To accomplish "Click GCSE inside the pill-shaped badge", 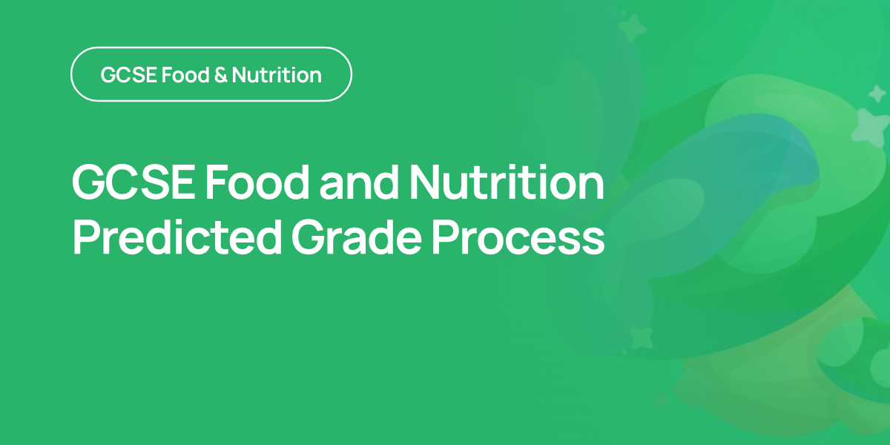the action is (129, 75).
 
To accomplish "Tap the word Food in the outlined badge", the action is (185, 75).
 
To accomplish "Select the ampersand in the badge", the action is (220, 75).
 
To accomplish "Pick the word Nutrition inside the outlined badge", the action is (277, 75).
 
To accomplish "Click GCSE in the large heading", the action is (133, 182).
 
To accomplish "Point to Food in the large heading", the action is (257, 182).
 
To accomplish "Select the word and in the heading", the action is (359, 182).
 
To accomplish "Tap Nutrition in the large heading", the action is (507, 182).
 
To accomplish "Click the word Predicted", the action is (177, 237).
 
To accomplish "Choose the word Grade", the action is (357, 237).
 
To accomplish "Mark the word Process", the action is (518, 237).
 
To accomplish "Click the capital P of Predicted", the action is (86, 237).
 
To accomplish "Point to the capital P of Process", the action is (445, 237).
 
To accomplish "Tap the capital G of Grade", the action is (309, 237).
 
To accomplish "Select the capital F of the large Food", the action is (217, 182).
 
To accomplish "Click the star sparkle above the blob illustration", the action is (632, 28).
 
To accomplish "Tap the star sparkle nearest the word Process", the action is (641, 338).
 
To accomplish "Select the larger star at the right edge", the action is (871, 128).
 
